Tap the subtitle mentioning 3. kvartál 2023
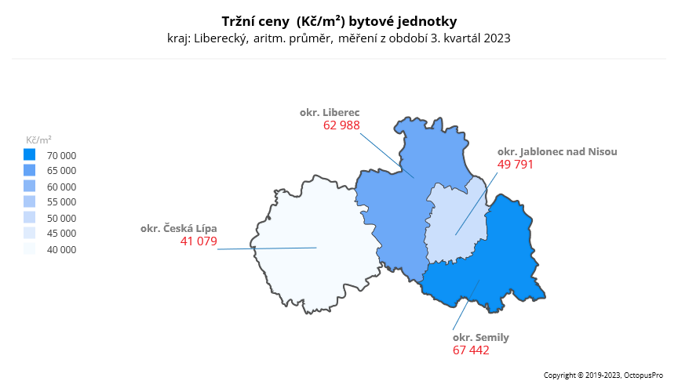(x=339, y=38)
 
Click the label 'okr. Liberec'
(x=330, y=112)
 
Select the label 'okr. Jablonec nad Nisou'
(x=557, y=151)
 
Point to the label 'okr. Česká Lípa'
(x=179, y=228)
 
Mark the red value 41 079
(x=199, y=241)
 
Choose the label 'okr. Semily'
(x=481, y=337)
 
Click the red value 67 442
(x=471, y=350)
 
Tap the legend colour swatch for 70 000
(x=30, y=154)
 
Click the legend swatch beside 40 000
(x=30, y=249)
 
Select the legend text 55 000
(x=62, y=202)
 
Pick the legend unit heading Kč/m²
(x=39, y=140)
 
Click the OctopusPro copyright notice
(x=604, y=375)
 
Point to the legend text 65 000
(x=62, y=171)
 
